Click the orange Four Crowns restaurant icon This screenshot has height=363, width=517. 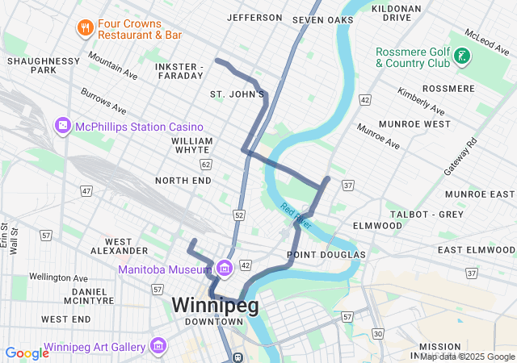[85, 29]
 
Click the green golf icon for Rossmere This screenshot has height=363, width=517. [461, 56]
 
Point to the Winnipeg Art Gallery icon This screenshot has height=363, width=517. [158, 348]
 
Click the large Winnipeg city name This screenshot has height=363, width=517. [215, 305]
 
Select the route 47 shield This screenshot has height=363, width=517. [86, 190]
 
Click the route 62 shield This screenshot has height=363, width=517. [206, 164]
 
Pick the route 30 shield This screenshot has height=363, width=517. [378, 333]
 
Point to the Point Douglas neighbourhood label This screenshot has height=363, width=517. [326, 255]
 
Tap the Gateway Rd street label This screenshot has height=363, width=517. [460, 156]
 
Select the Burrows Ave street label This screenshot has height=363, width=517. [103, 102]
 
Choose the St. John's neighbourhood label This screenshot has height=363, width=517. [237, 94]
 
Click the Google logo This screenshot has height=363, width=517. [27, 353]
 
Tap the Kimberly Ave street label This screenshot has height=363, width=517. [420, 100]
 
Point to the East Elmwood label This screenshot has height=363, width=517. [476, 250]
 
